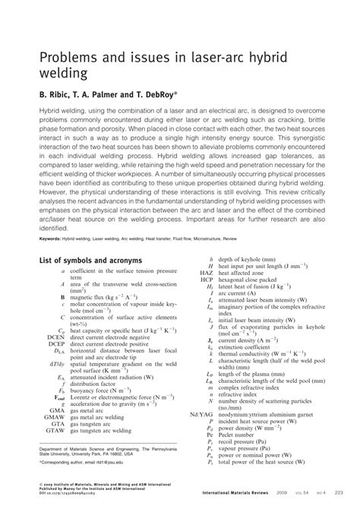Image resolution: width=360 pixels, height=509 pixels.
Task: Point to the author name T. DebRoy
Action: click(x=157, y=96)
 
